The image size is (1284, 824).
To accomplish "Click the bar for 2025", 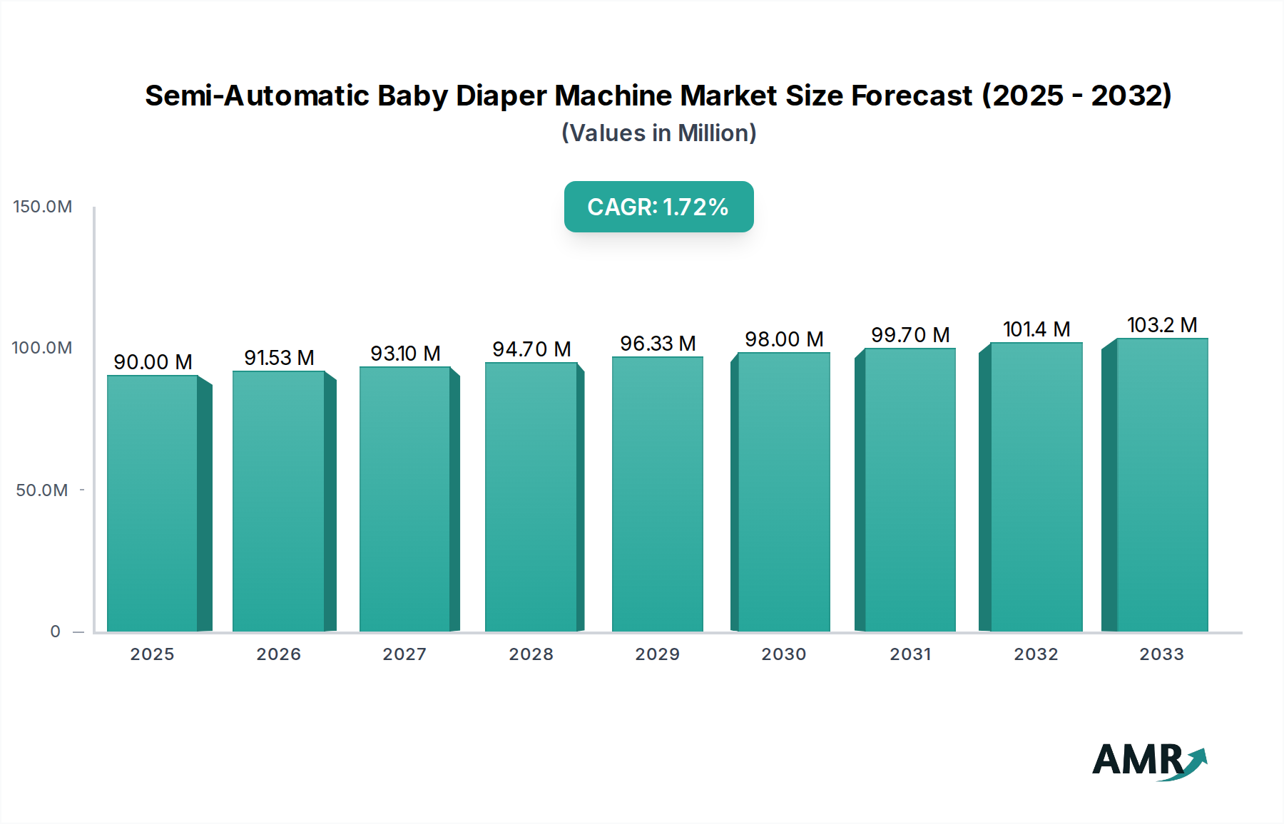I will (152, 503).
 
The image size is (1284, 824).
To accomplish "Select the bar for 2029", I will (657, 494).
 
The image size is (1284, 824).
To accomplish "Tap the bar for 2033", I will (1162, 485).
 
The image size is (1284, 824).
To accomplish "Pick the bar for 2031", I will (909, 490).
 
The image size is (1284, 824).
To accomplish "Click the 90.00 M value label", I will (153, 362).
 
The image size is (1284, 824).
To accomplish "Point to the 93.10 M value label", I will (405, 354).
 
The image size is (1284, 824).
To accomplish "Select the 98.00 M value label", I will (784, 339).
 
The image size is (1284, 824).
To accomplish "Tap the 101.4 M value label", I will (1036, 329).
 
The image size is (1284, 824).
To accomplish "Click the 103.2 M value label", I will (1162, 325).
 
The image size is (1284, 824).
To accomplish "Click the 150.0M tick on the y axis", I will (43, 207).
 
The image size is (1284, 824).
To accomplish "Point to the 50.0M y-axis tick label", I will (42, 490).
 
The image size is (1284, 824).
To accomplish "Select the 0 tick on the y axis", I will (56, 632).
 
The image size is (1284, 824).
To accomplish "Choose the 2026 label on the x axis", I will (279, 654).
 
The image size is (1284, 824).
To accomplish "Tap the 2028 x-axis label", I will (531, 654).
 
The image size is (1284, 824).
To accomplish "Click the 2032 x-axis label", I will (1036, 654).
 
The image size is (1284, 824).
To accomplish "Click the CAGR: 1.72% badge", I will (658, 207).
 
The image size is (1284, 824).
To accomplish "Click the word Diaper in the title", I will (501, 96).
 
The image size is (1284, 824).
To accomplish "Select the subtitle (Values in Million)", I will (658, 133).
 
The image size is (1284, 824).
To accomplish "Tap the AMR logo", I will (1148, 761).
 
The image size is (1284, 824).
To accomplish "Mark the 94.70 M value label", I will (531, 349).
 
